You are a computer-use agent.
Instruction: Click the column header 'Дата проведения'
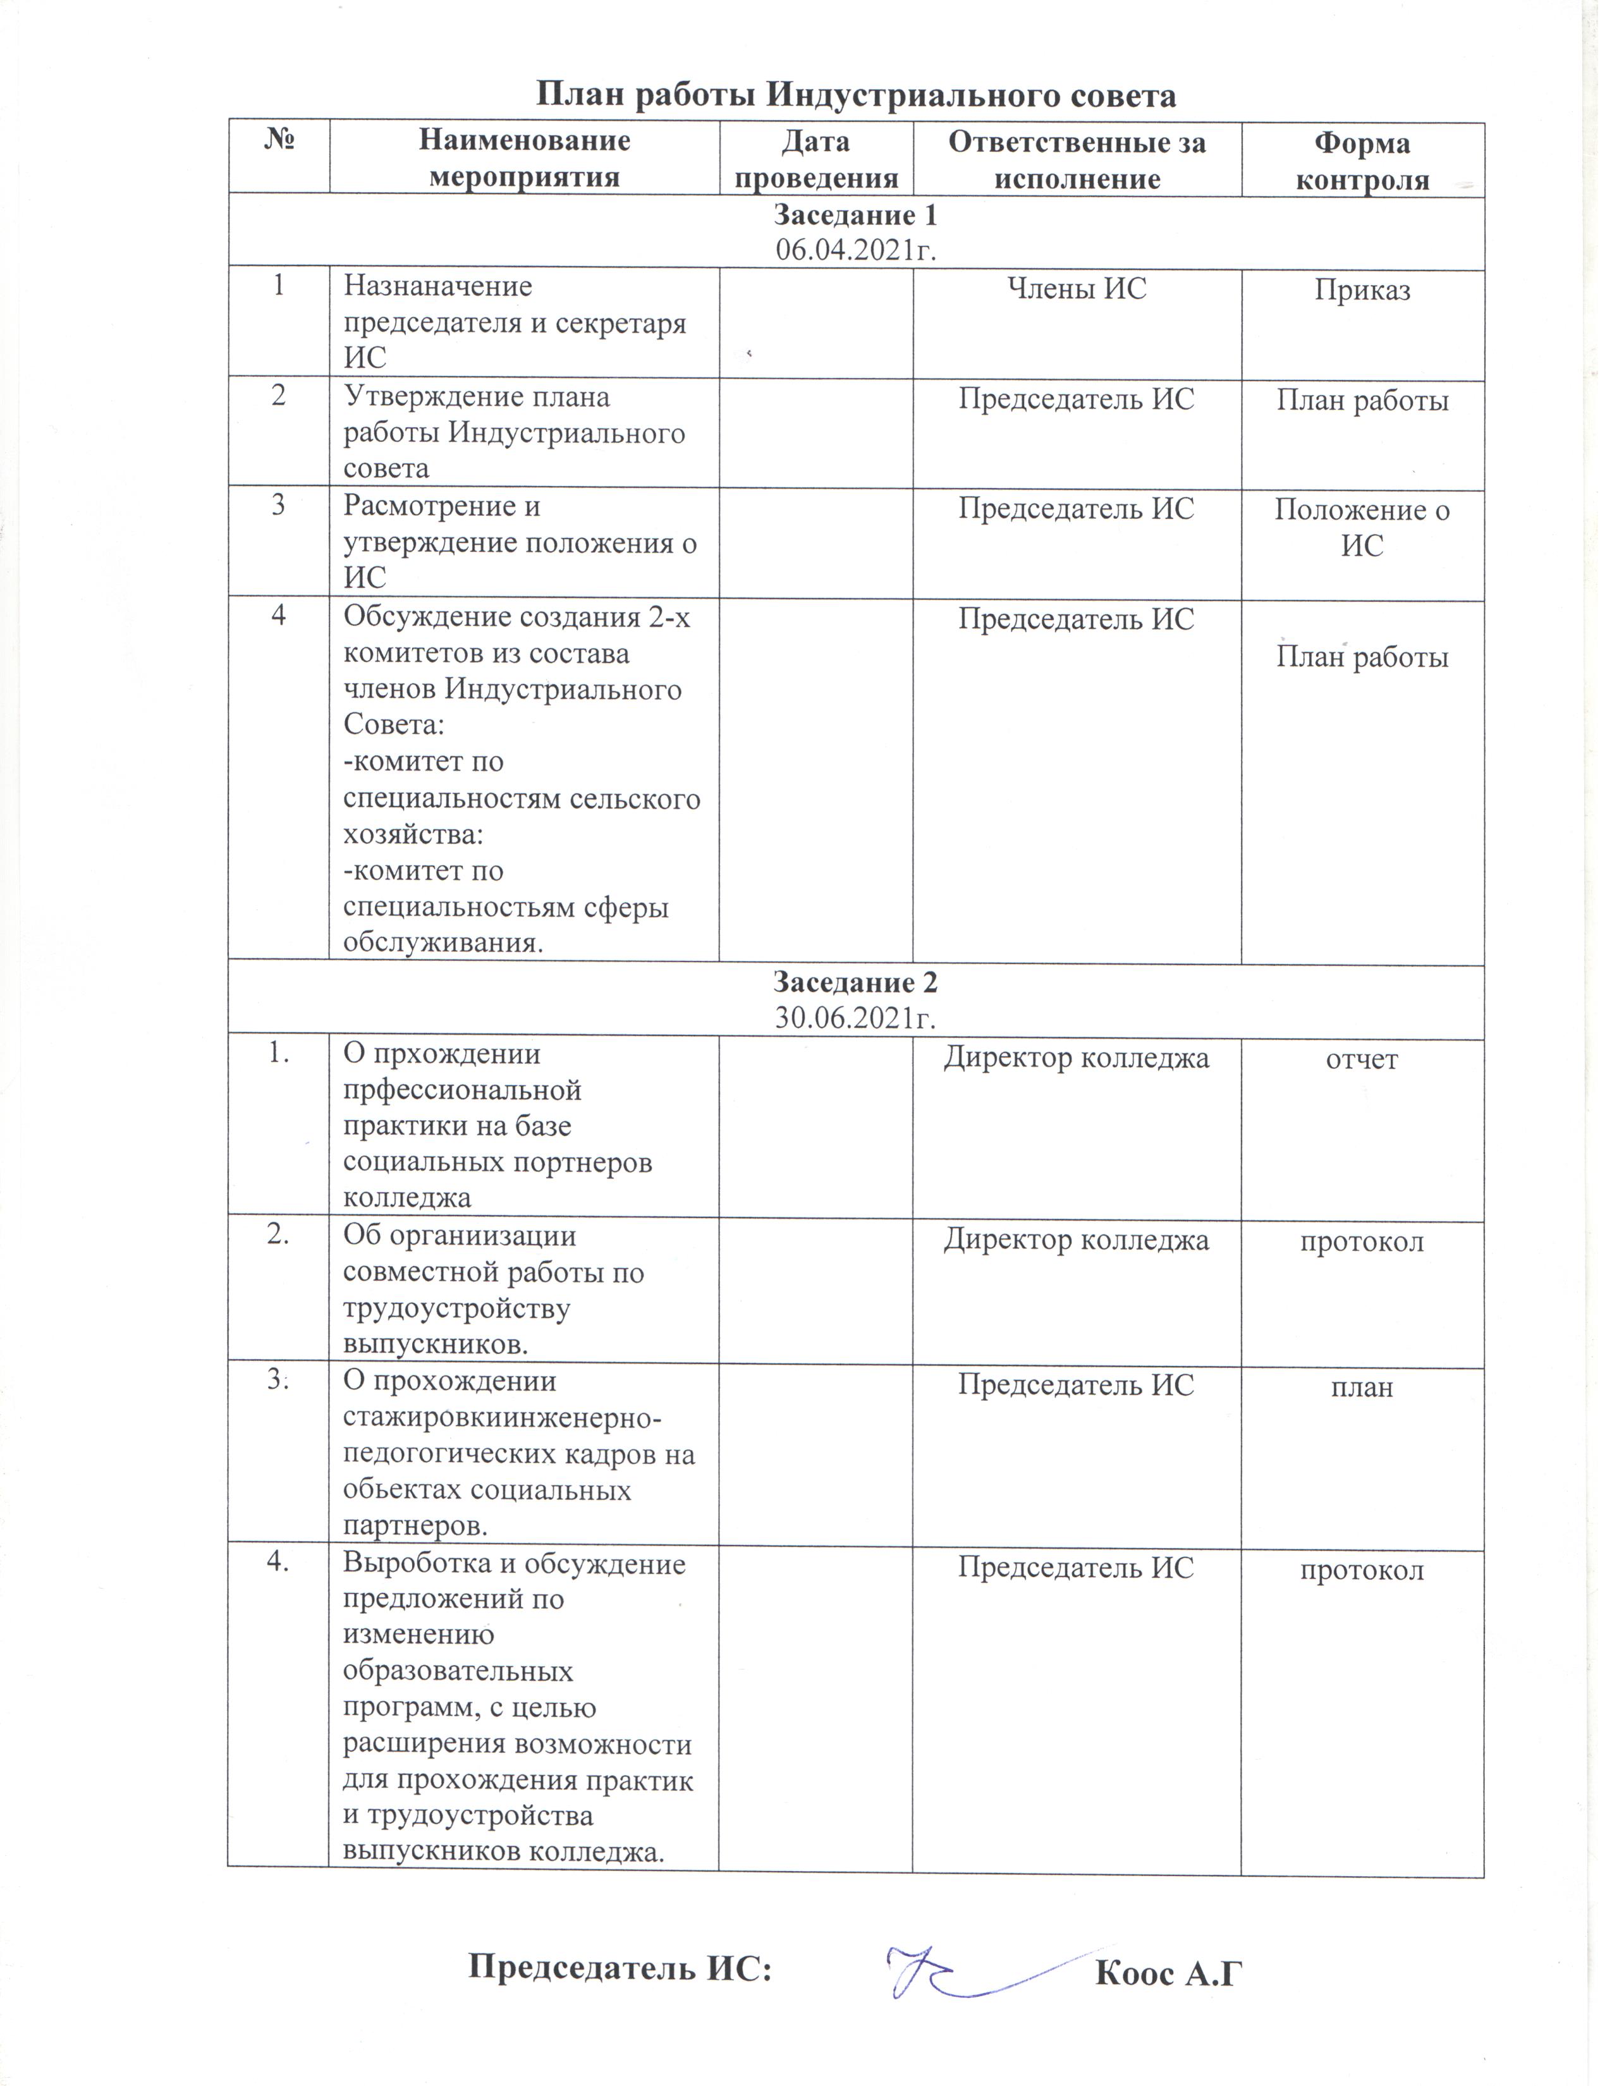pos(815,159)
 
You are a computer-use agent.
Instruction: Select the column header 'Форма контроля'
pos(1362,161)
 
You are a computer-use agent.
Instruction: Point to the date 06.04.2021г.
pos(855,250)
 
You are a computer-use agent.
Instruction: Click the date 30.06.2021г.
pos(855,1018)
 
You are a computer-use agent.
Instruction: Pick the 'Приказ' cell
pos(1362,290)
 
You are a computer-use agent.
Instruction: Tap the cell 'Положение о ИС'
pos(1362,527)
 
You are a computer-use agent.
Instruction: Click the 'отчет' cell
pos(1362,1059)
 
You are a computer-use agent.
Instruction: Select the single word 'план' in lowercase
pos(1362,1387)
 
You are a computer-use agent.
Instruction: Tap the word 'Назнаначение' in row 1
pos(437,286)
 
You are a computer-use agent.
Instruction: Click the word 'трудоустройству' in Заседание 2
pos(456,1308)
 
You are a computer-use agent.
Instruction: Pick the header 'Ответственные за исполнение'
pos(1077,159)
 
